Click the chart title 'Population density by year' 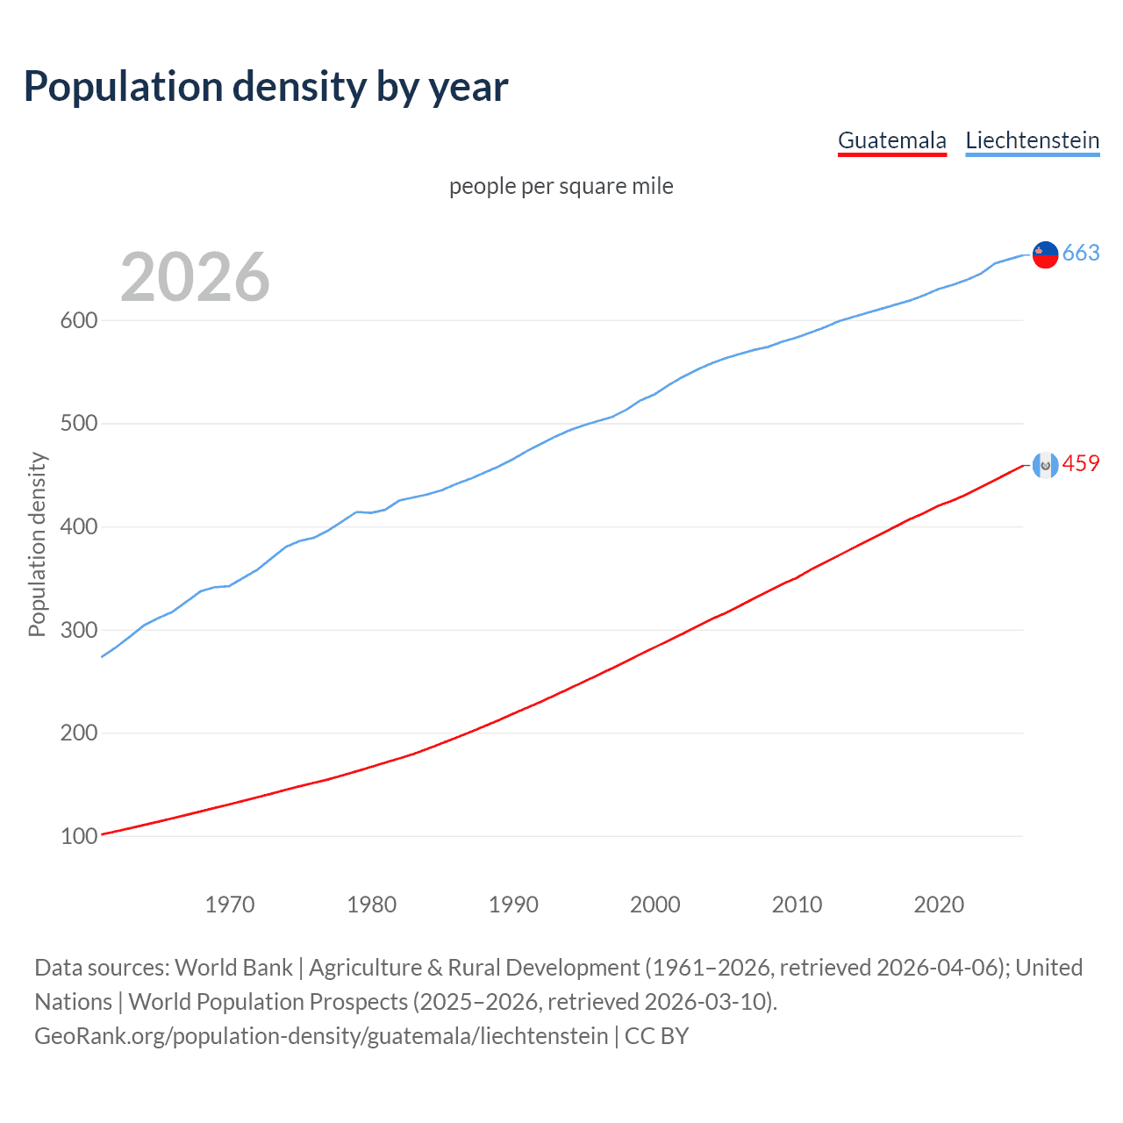(x=266, y=87)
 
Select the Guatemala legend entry (x=891, y=140)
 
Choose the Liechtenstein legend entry (x=1032, y=140)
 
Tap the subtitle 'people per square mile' (x=561, y=186)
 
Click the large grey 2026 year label (x=195, y=277)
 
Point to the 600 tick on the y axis (x=78, y=321)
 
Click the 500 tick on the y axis (x=78, y=424)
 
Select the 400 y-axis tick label (x=78, y=527)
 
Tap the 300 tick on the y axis (x=78, y=630)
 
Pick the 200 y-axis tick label (x=78, y=733)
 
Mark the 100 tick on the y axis (x=78, y=836)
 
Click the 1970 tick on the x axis (x=230, y=905)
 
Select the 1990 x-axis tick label (x=513, y=905)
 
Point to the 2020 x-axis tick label (x=939, y=905)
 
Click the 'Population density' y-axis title (x=37, y=544)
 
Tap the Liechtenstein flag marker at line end (x=1045, y=254)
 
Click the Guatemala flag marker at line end (x=1045, y=465)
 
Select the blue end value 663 (x=1081, y=254)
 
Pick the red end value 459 (x=1081, y=464)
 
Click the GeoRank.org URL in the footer (x=321, y=1036)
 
